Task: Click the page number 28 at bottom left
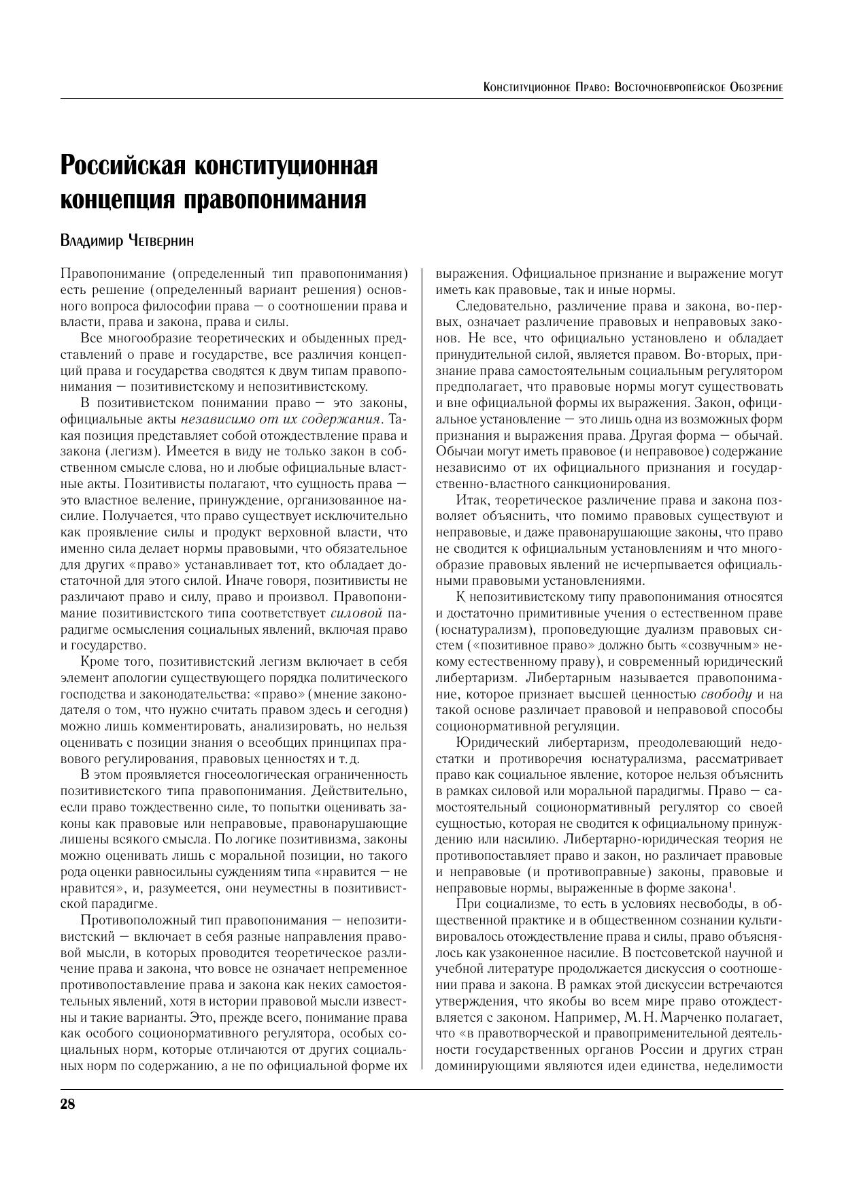[67, 1104]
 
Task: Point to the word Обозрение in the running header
[756, 87]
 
